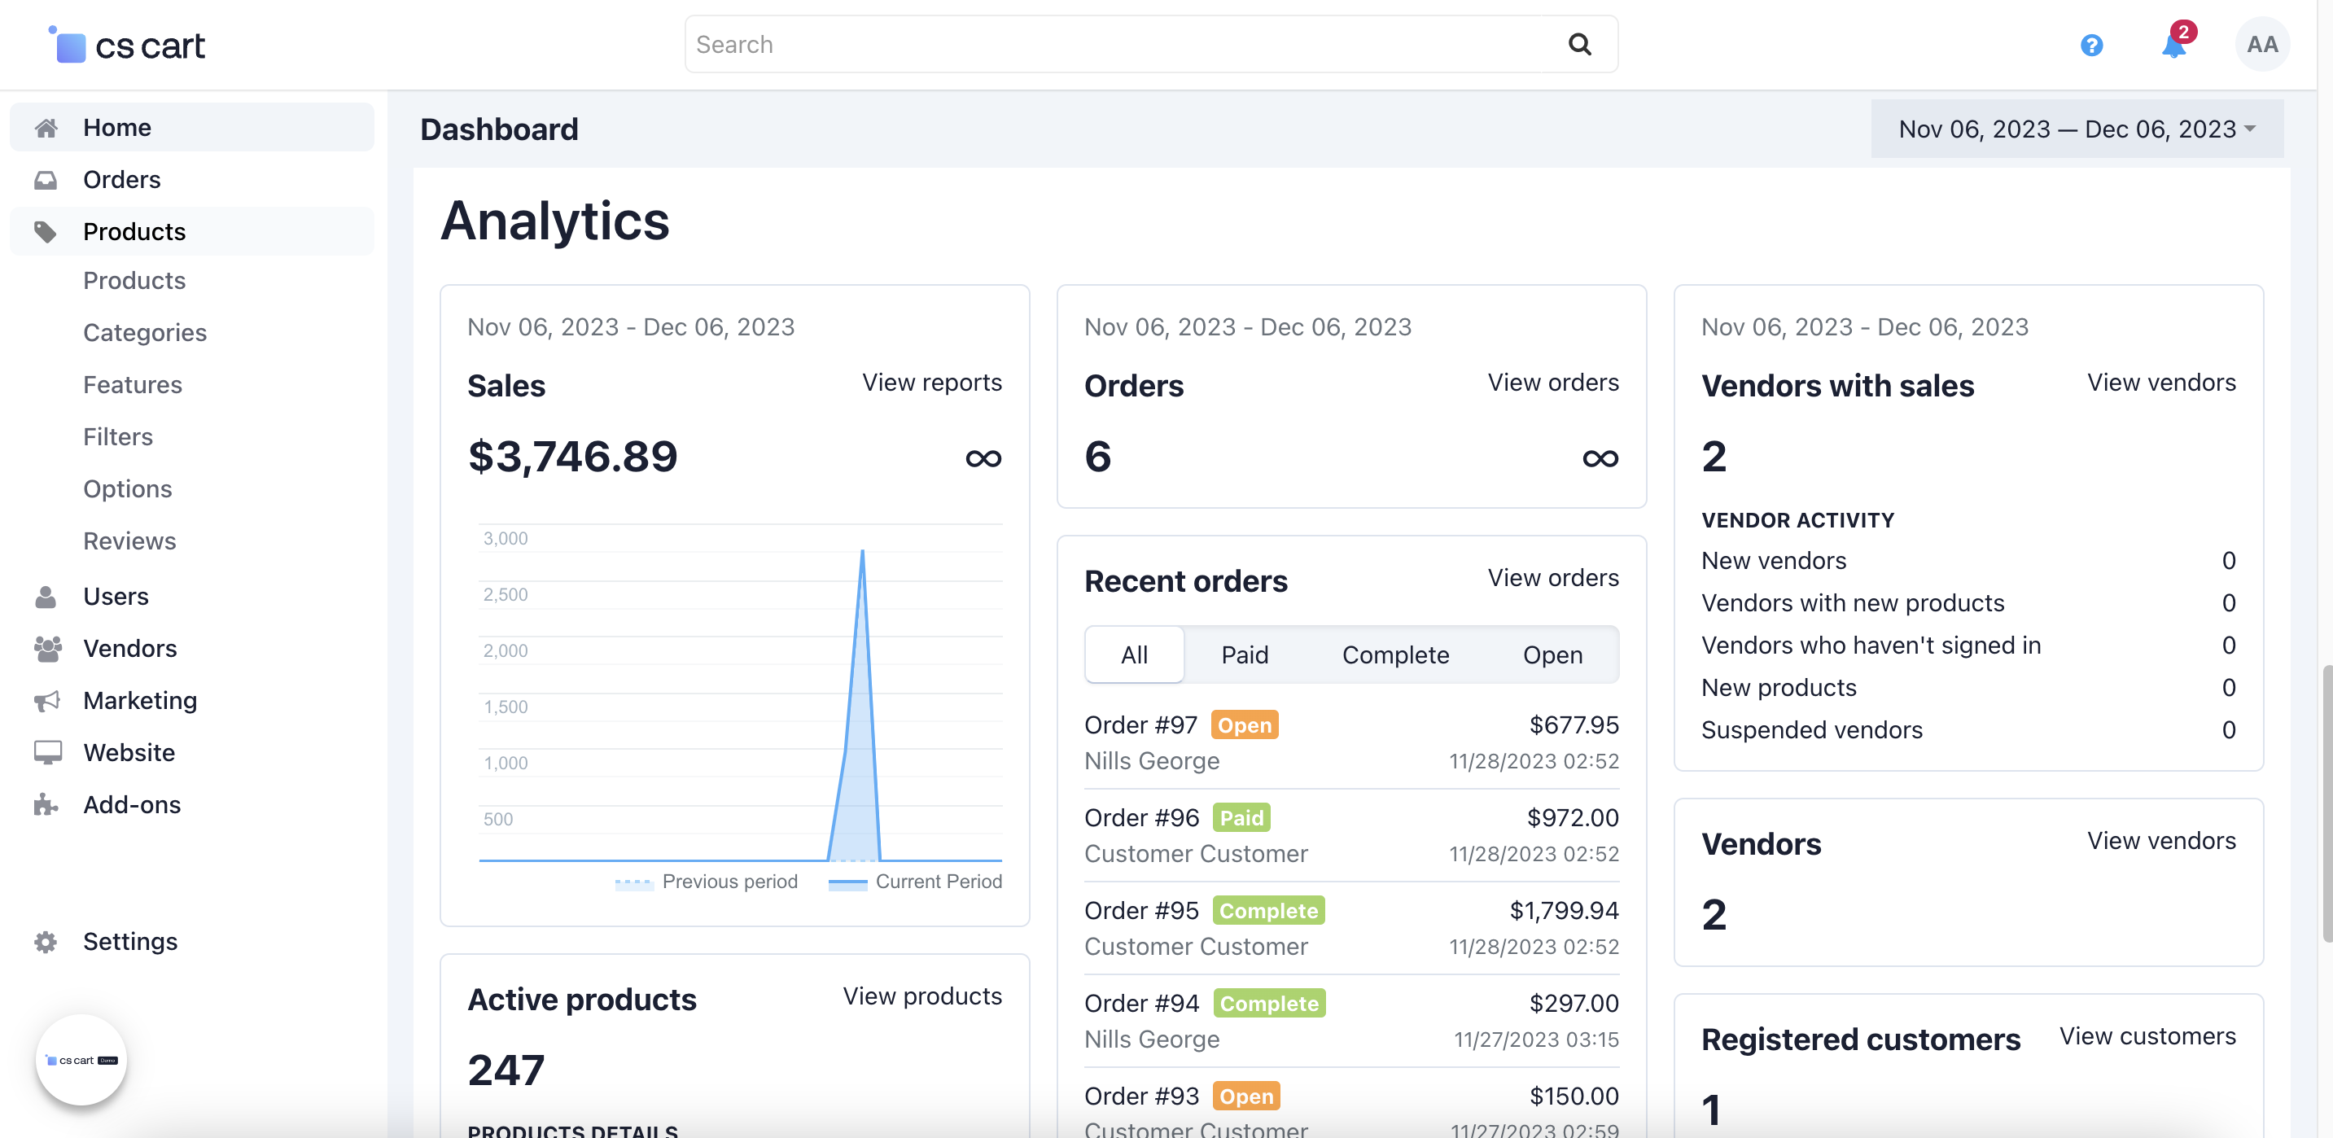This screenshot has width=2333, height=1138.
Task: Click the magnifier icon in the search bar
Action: tap(1579, 44)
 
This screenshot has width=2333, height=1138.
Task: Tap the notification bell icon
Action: tap(2173, 46)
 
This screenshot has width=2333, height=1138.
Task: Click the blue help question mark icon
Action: tap(2091, 46)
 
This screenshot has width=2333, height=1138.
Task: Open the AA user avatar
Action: tap(2261, 44)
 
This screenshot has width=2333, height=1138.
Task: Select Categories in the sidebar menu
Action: tap(145, 332)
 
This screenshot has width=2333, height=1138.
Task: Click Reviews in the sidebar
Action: tap(129, 541)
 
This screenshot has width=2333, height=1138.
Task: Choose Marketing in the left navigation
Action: tap(140, 700)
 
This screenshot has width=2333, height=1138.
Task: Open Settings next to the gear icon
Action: tap(130, 942)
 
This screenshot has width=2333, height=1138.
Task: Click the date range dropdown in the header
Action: tap(2076, 129)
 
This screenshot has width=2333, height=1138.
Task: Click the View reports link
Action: tap(931, 382)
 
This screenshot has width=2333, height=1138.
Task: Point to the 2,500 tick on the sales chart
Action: tap(506, 595)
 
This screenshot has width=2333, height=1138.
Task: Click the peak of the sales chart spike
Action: tap(862, 551)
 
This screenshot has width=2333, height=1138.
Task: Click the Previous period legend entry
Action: tap(729, 881)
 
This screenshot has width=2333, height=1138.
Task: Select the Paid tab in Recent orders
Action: tap(1245, 654)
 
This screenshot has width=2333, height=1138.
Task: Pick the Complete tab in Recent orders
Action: tap(1394, 654)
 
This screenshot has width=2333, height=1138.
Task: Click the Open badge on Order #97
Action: tap(1245, 725)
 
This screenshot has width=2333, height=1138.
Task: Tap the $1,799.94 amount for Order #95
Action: tap(1563, 910)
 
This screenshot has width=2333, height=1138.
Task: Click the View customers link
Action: tap(2147, 1035)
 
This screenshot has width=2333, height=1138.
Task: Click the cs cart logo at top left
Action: tap(128, 46)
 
